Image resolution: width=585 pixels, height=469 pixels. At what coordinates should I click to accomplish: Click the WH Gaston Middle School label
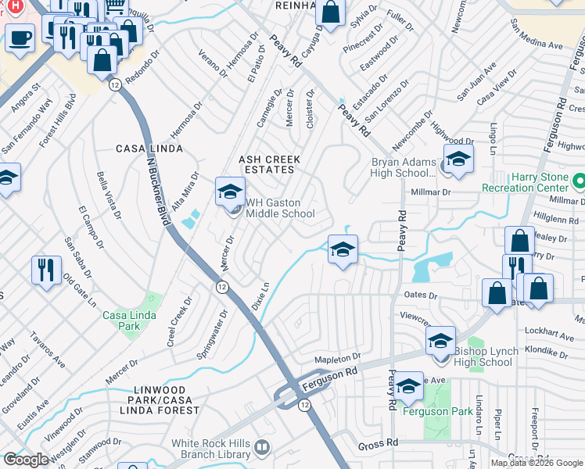pyautogui.click(x=280, y=208)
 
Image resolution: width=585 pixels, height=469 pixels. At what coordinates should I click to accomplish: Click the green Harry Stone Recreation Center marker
pyautogui.click(x=579, y=182)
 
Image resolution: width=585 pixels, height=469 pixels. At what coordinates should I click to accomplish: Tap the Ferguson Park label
pyautogui.click(x=436, y=411)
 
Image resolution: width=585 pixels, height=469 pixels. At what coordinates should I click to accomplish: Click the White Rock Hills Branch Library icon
pyautogui.click(x=262, y=448)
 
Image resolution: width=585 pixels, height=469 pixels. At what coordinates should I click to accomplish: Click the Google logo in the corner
pyautogui.click(x=26, y=460)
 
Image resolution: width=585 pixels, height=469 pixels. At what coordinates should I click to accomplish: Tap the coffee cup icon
pyautogui.click(x=20, y=36)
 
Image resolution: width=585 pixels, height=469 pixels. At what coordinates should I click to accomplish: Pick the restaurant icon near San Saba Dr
pyautogui.click(x=46, y=270)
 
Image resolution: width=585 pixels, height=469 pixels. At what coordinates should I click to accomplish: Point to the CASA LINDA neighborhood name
pyautogui.click(x=143, y=148)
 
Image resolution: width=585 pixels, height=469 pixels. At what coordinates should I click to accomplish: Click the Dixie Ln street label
pyautogui.click(x=259, y=298)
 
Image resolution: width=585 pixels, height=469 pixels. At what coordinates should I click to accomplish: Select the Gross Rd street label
pyautogui.click(x=379, y=443)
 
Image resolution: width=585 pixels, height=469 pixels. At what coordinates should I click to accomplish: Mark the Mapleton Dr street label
pyautogui.click(x=336, y=358)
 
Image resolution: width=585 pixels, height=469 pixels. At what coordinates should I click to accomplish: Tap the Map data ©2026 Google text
pyautogui.click(x=537, y=463)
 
